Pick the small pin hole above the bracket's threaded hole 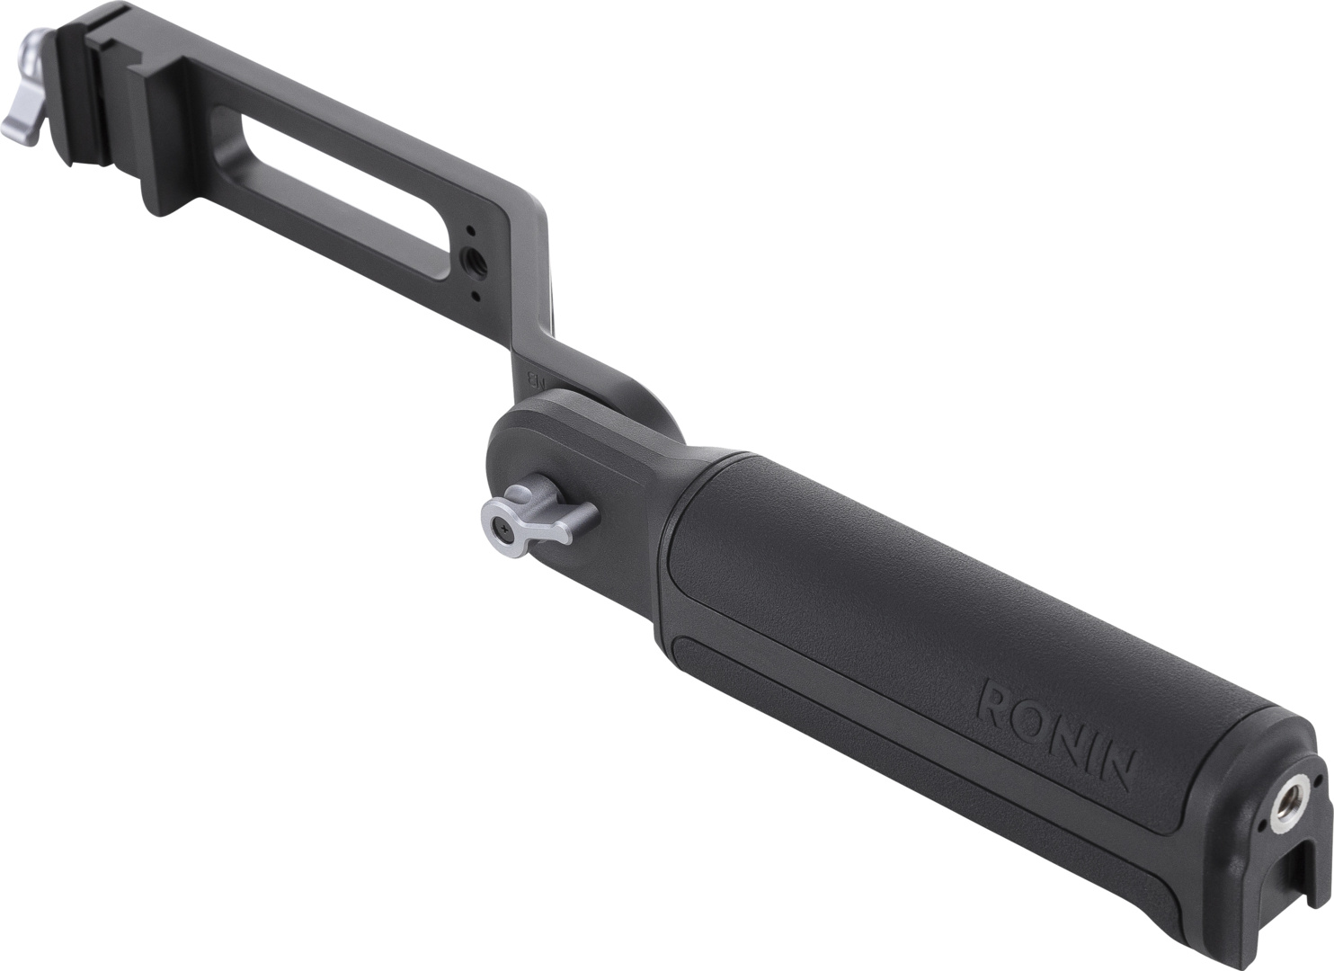click(468, 232)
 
